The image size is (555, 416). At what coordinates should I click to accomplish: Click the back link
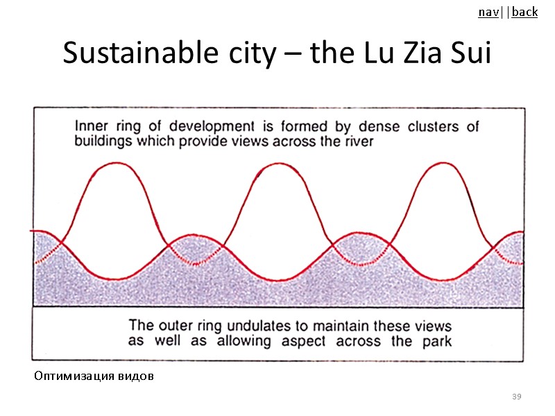click(x=525, y=12)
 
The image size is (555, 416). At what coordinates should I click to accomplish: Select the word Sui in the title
click(x=469, y=53)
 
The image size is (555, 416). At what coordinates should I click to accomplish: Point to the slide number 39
click(x=516, y=397)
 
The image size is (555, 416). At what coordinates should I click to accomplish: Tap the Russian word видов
click(x=137, y=377)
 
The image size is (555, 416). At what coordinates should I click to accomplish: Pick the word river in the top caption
click(x=357, y=141)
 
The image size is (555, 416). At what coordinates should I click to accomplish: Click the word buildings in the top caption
click(x=103, y=141)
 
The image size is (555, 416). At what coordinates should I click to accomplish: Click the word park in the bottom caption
click(x=436, y=341)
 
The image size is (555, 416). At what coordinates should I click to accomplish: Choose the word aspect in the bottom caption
click(x=303, y=341)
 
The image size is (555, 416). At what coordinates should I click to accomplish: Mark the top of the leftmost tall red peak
click(x=117, y=163)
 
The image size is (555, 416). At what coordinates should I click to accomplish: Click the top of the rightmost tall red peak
click(x=441, y=163)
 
